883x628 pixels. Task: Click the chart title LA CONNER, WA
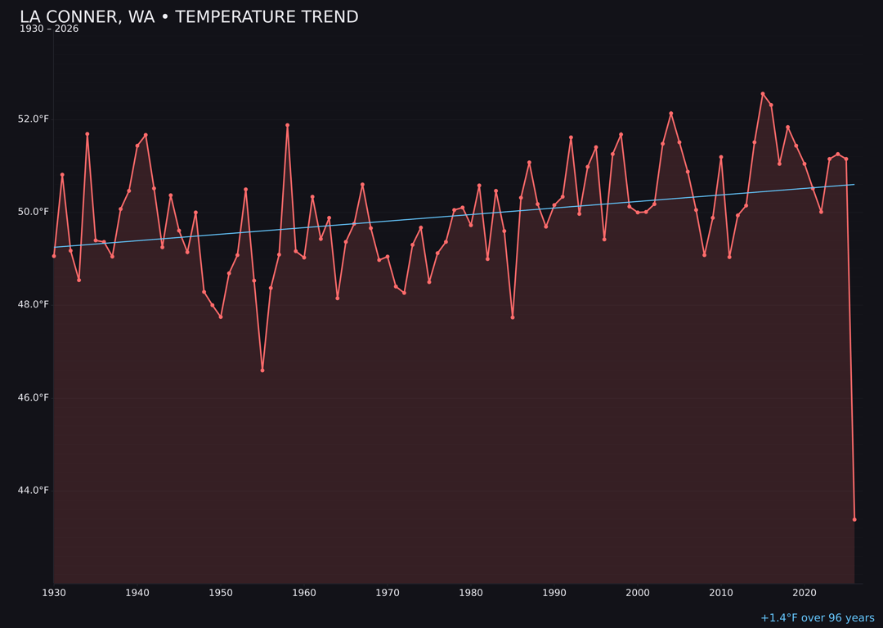189,17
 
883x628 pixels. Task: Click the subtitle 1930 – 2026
49,29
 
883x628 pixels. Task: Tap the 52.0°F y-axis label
34,119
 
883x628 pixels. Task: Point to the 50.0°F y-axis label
34,212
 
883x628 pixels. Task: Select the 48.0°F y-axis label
34,305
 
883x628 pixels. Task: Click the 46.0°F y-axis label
34,398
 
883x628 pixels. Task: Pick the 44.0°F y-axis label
34,491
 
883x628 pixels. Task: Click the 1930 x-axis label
54,593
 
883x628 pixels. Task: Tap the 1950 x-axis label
221,593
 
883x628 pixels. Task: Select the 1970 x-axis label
388,593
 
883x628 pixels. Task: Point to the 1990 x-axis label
554,593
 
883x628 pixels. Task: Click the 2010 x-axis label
721,593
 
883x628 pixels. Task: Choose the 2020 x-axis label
805,593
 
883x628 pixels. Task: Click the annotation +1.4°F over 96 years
817,618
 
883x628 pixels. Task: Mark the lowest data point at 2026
854,519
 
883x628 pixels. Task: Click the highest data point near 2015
763,94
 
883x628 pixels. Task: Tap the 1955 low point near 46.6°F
262,370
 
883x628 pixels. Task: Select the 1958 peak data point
287,125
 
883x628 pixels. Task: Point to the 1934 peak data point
87,134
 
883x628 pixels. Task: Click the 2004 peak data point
671,114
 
